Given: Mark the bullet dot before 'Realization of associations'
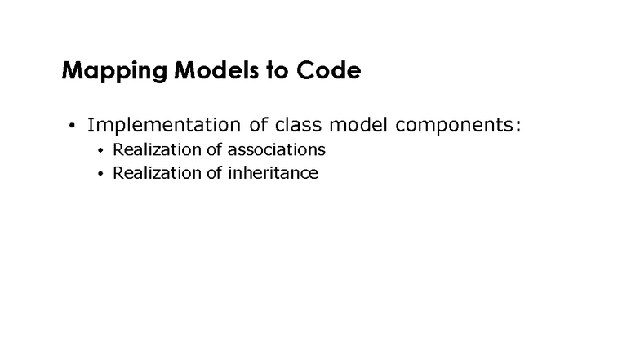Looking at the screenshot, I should point(100,151).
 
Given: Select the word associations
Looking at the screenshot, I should point(277,150).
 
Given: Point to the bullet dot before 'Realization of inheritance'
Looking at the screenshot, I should point(100,174).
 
